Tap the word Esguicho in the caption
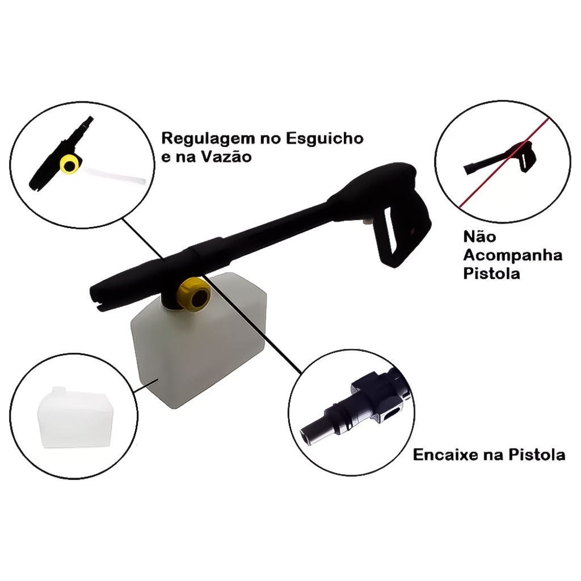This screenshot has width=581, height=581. (x=325, y=138)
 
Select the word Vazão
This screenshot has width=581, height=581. (x=226, y=156)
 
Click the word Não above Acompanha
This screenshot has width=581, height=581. (x=479, y=237)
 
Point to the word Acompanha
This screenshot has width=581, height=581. (x=513, y=256)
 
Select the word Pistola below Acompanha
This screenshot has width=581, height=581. (x=492, y=273)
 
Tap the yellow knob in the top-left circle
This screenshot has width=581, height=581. (x=69, y=165)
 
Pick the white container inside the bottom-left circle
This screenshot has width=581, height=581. (x=74, y=418)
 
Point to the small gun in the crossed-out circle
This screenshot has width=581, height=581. (x=500, y=158)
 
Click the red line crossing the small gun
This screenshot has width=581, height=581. (x=504, y=163)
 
